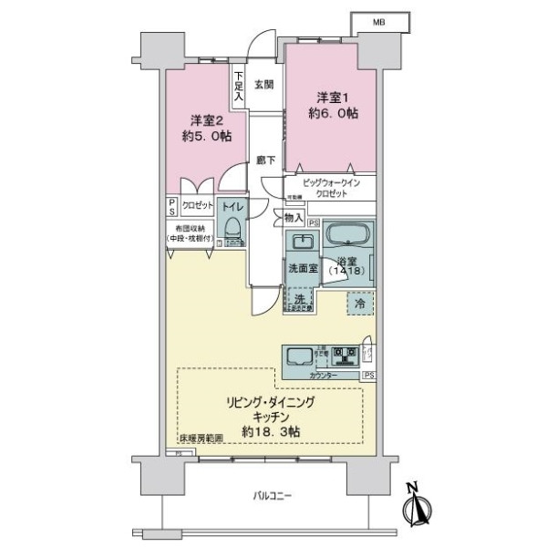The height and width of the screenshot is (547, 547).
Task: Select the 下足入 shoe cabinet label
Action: pos(238,85)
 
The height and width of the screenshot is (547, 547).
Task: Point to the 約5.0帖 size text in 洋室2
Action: pos(205,136)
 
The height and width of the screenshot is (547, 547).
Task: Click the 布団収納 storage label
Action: pos(190,233)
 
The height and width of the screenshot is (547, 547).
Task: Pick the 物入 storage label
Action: pos(293,218)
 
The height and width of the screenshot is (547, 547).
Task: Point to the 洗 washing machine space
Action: pos(299,301)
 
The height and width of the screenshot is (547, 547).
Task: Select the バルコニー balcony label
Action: pos(273,496)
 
